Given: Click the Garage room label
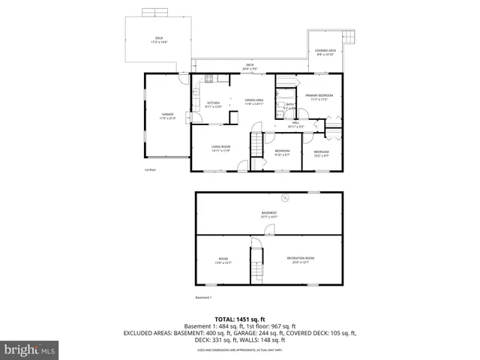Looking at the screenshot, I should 167,116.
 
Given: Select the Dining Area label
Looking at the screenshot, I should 255,101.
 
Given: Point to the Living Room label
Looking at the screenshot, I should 220,148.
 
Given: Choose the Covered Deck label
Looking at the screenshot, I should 325,52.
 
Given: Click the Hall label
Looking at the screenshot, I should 296,124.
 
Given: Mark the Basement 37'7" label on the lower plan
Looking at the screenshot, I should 269,214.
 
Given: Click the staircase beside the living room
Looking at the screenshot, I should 256,142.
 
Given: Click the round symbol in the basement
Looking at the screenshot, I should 285,198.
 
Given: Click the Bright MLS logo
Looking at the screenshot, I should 30,349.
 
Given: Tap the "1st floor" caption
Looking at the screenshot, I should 151,169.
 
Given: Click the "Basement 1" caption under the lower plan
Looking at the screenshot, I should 205,298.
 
